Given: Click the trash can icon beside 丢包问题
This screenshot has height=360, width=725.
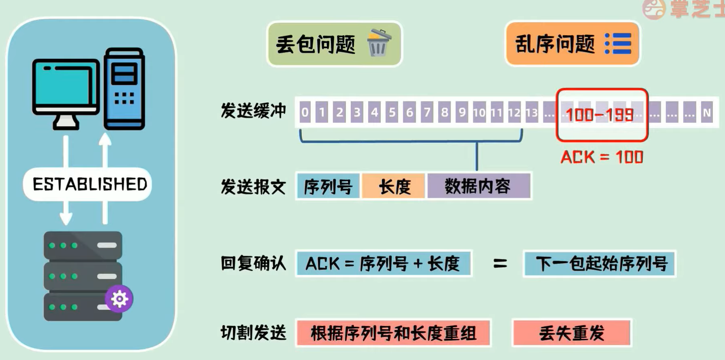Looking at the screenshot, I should coord(379,43).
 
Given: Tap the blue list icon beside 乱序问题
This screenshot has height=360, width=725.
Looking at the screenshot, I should coord(618,44).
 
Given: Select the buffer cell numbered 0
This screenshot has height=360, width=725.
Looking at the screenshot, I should coord(305,112).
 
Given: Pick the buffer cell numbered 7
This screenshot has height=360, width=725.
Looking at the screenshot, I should coord(427,112).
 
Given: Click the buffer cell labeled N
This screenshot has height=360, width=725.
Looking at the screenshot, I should coord(706,112).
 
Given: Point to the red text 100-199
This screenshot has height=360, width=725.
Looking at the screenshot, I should coord(600,115).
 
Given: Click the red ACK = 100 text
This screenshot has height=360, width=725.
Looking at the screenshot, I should coord(602,157).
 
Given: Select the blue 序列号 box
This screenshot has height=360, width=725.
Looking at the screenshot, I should coord(328,186).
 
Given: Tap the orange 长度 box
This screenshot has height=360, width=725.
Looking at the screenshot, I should coord(394,186).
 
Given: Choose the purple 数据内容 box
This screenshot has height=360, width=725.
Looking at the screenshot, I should coord(479,186).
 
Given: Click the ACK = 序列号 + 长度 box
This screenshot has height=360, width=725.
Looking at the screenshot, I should coord(384,264).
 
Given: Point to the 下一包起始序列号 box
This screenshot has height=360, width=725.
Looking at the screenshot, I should coord(600,264).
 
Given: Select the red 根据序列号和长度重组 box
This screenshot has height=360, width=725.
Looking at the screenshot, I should coord(393,333).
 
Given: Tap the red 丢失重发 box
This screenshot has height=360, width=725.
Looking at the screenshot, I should coord(572,333).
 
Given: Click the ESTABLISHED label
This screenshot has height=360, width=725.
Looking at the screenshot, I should coord(90,184).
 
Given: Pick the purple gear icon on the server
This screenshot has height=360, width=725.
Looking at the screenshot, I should coord(119,299).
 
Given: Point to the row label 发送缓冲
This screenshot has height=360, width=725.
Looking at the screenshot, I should coord(253,111).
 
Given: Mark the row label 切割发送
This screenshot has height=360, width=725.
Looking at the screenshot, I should coord(253,333).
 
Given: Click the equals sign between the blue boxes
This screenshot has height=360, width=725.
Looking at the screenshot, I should coord(500,264).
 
